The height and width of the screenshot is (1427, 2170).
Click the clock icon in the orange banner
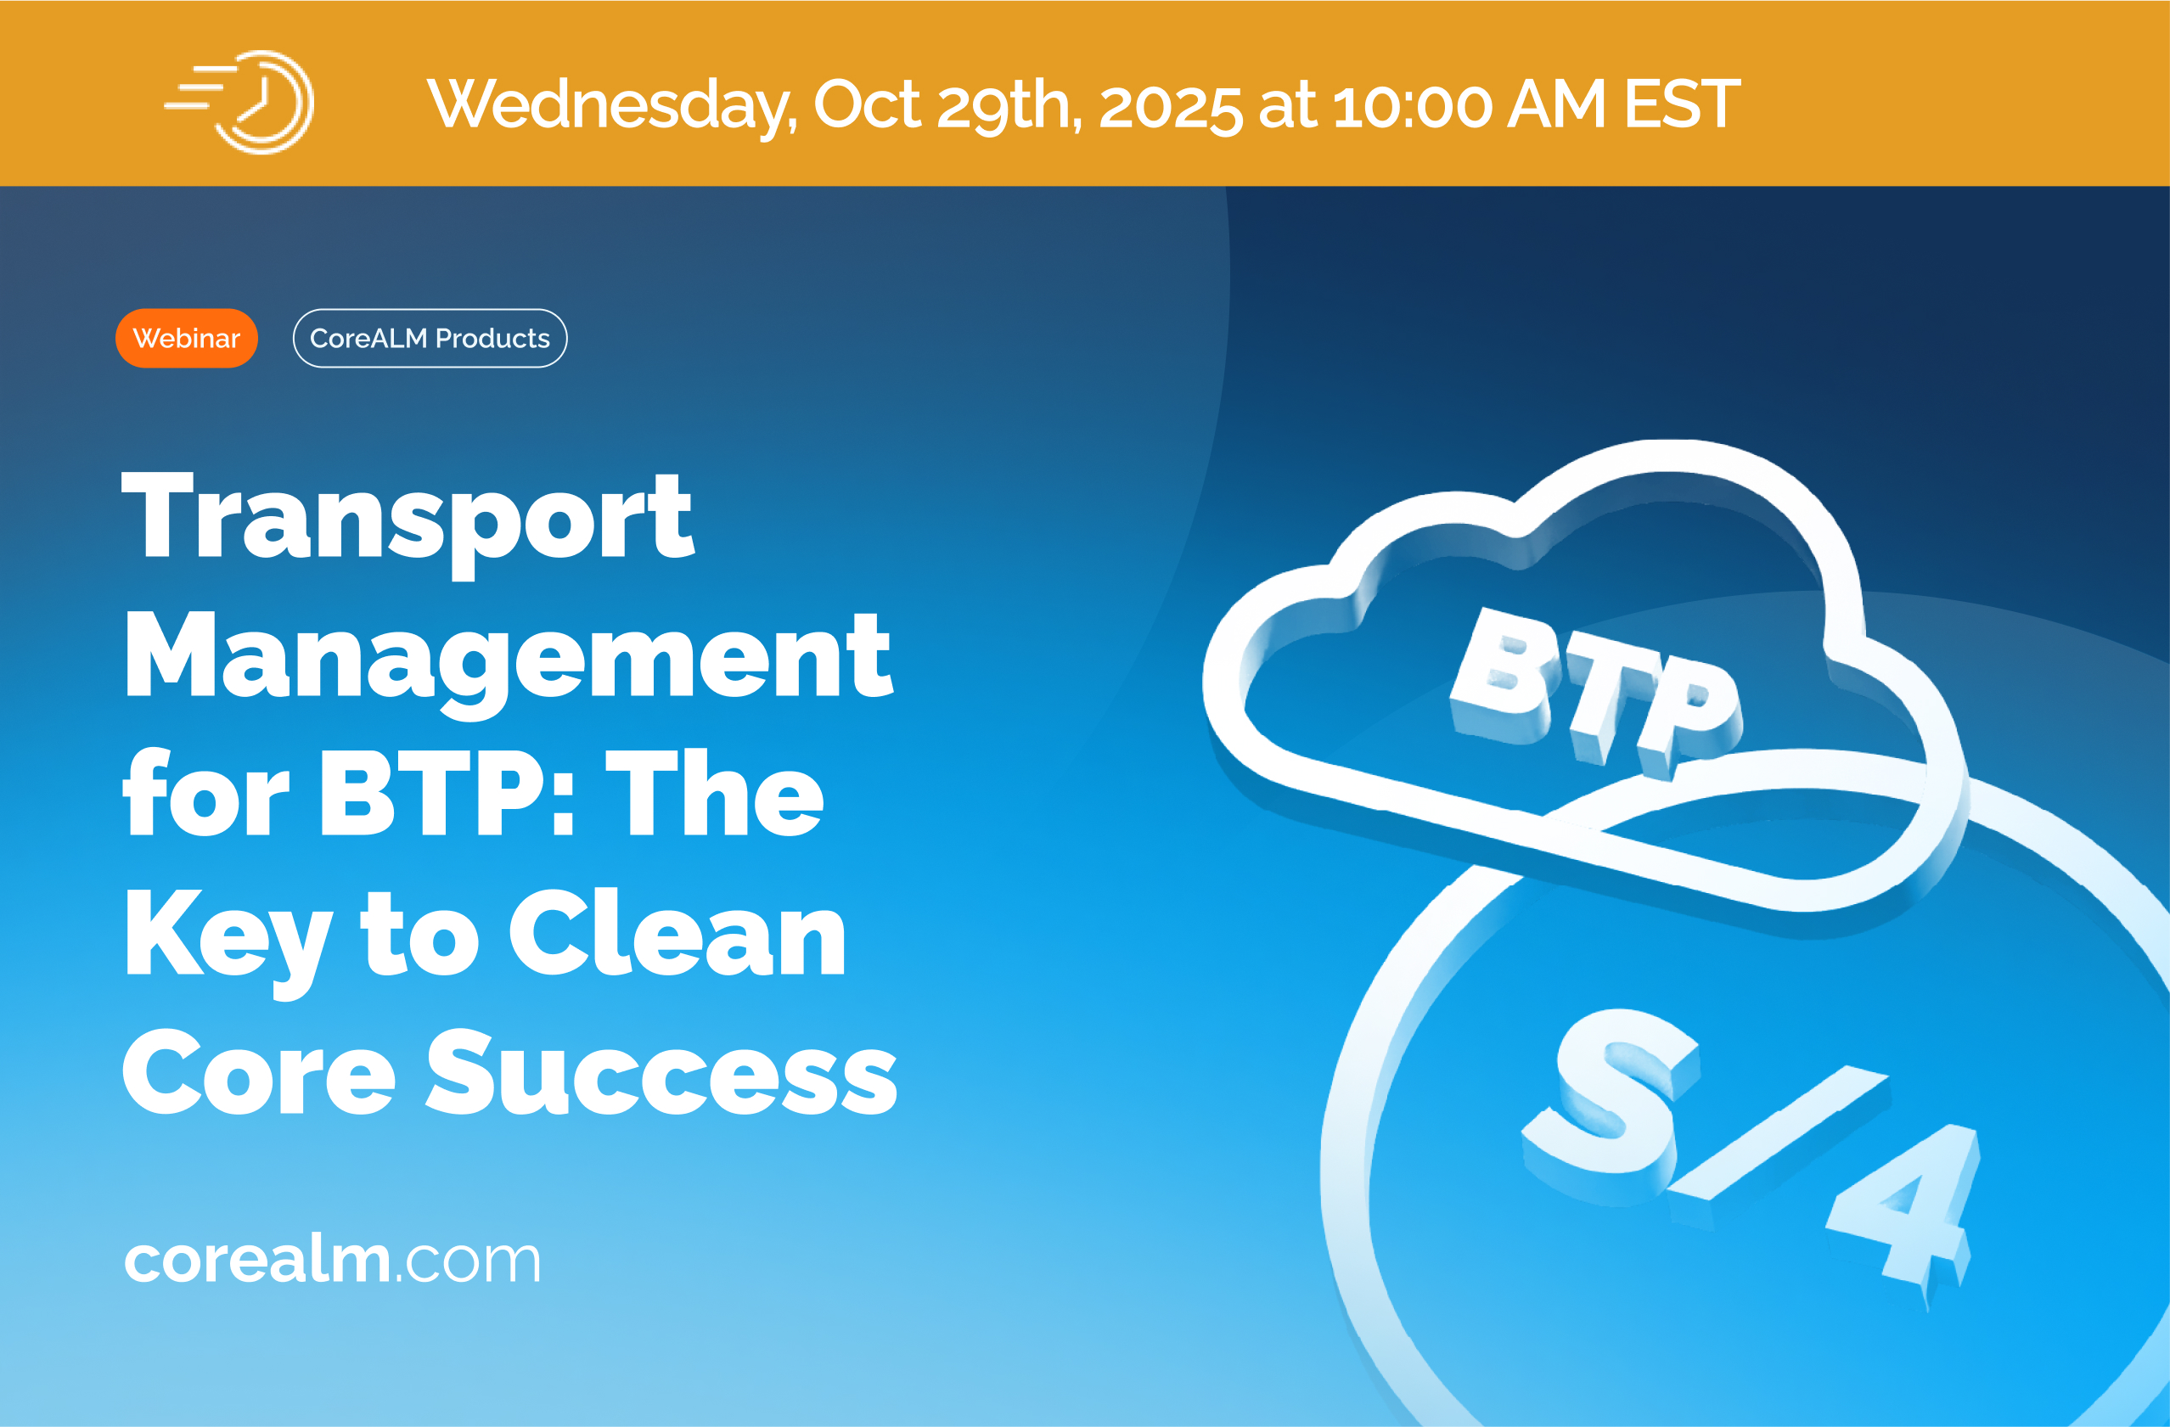(239, 102)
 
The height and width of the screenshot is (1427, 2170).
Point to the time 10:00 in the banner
(1411, 105)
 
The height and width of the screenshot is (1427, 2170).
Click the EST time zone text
(1682, 104)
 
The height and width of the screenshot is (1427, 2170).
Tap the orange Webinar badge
(187, 338)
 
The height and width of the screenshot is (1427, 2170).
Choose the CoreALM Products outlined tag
(430, 338)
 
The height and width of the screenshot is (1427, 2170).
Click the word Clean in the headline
(677, 932)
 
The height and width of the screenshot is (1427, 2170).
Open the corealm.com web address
(332, 1259)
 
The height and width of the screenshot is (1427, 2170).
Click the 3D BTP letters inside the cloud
(1594, 694)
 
